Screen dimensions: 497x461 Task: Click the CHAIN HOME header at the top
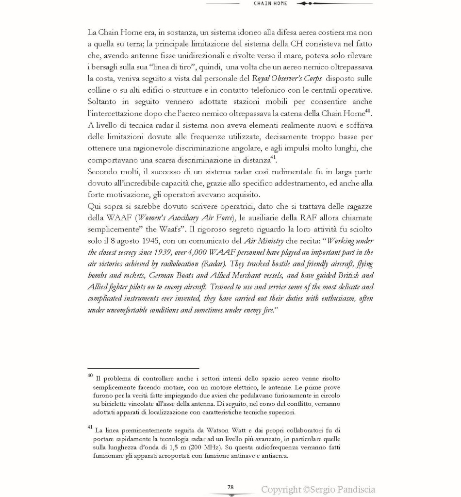coord(270,3)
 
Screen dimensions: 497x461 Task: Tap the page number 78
coord(231,487)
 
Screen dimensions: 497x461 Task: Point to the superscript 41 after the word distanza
coord(273,157)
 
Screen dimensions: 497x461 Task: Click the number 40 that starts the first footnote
coord(90,375)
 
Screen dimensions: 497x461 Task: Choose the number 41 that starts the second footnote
coord(90,427)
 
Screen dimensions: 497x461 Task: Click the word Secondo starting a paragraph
coord(103,171)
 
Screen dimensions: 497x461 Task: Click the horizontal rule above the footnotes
coord(143,368)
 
